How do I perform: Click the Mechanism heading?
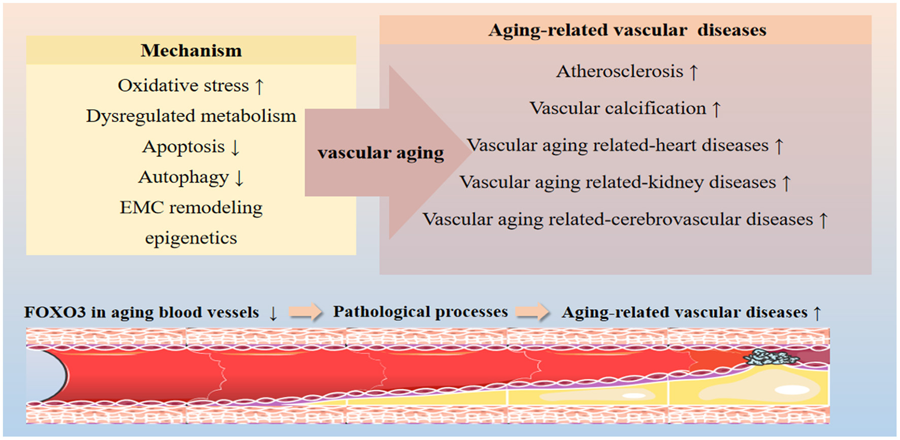pyautogui.click(x=191, y=51)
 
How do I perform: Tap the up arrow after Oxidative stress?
pyautogui.click(x=260, y=86)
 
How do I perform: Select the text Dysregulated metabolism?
pyautogui.click(x=191, y=116)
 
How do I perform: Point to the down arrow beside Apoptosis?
pyautogui.click(x=235, y=148)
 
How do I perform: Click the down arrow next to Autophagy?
pyautogui.click(x=239, y=178)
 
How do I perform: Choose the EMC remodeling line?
pyautogui.click(x=191, y=208)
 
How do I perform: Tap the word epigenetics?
pyautogui.click(x=191, y=238)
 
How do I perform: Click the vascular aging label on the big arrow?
pyautogui.click(x=380, y=153)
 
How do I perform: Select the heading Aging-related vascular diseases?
pyautogui.click(x=627, y=30)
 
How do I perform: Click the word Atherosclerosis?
pyautogui.click(x=620, y=72)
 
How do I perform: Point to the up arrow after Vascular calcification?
pyautogui.click(x=716, y=109)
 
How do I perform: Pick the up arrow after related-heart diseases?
pyautogui.click(x=779, y=146)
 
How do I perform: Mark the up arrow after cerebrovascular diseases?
pyautogui.click(x=823, y=220)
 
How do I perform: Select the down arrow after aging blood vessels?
pyautogui.click(x=273, y=313)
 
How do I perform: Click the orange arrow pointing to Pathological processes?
pyautogui.click(x=306, y=312)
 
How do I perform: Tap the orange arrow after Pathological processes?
pyautogui.click(x=533, y=312)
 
